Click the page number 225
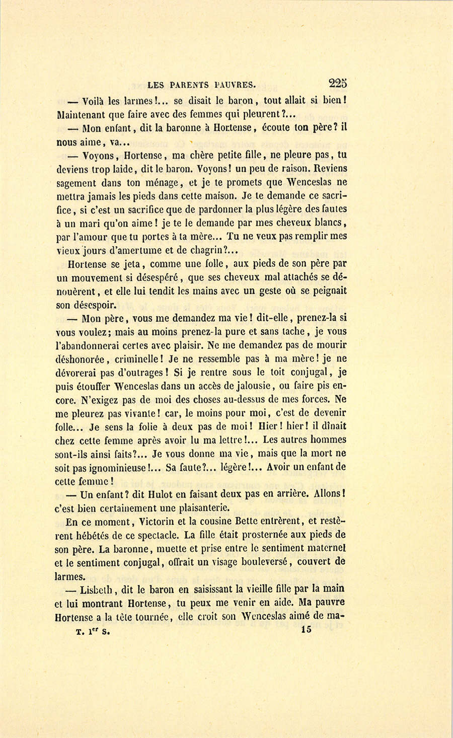[337, 83]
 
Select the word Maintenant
[81, 114]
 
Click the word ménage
[157, 183]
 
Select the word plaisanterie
[200, 507]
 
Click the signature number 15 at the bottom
[306, 630]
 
